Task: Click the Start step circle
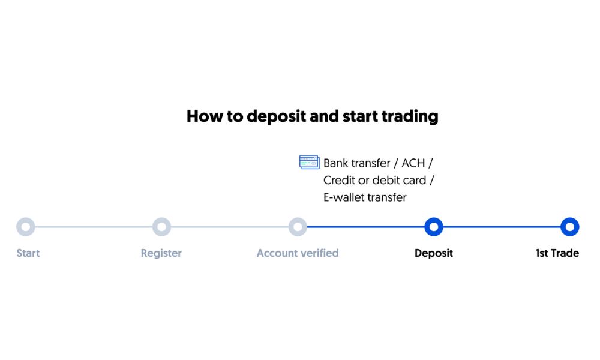coord(26,227)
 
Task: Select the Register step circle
coord(161,227)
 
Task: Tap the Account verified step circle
coord(298,227)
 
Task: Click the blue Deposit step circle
coord(433,227)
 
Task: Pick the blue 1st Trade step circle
coord(569,227)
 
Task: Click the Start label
coord(28,253)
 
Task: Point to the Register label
coord(161,253)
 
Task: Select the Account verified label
coord(298,253)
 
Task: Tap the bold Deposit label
coord(434,253)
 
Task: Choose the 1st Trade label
coord(557,253)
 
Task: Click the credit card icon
coord(309,162)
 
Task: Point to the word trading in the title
coord(410,116)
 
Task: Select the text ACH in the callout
coord(413,163)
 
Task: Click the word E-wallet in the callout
coord(345,197)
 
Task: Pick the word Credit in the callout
coord(339,180)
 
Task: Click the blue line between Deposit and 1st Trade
coord(501,227)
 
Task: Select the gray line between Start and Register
coord(94,227)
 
